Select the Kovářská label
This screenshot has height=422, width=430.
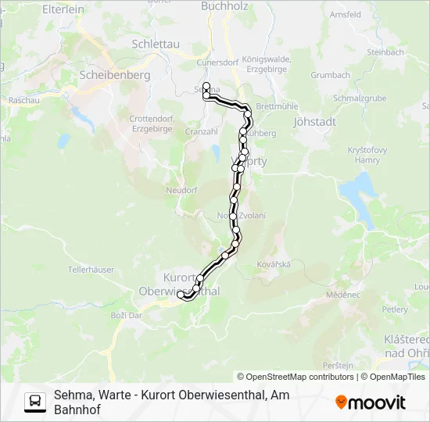tap(273, 264)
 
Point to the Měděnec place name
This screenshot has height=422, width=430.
tap(343, 295)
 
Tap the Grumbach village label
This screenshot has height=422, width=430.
tap(330, 76)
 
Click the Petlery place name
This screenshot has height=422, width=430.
tap(395, 309)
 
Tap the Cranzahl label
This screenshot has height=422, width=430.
tap(201, 132)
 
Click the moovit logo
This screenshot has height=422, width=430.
tap(371, 402)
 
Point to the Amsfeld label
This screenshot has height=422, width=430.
tap(345, 14)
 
